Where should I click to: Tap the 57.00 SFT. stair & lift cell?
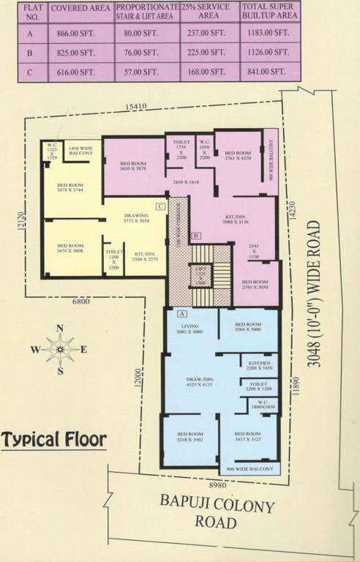click(x=146, y=72)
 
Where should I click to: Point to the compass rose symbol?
click(x=61, y=349)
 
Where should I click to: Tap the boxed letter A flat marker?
click(x=181, y=312)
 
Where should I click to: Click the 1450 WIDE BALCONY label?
click(x=80, y=152)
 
